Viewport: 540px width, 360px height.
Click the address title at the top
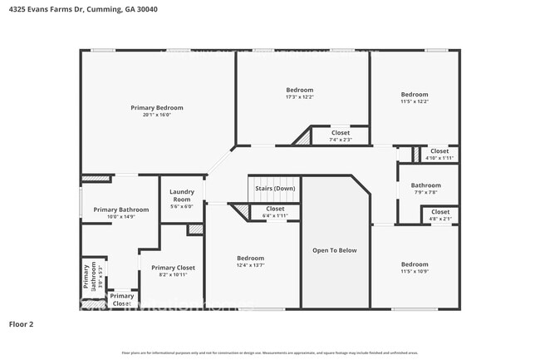[83, 9]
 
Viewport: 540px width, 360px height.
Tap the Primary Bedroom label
[157, 107]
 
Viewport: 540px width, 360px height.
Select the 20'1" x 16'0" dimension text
[157, 115]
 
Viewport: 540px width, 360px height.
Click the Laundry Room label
[182, 196]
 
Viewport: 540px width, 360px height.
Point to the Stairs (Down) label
[275, 188]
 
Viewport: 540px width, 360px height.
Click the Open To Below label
[335, 249]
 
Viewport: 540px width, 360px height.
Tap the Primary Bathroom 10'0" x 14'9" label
[121, 210]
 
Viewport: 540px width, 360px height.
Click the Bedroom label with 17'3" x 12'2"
[300, 90]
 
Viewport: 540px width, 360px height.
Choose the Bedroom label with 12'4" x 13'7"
[250, 258]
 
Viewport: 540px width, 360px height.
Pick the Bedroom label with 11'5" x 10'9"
[414, 264]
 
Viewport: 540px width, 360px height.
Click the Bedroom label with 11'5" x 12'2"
[414, 95]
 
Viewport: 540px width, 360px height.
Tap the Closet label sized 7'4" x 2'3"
[341, 132]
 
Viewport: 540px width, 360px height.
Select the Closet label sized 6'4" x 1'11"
[275, 209]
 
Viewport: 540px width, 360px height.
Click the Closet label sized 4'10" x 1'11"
[439, 150]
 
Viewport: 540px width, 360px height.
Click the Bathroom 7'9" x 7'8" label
[425, 185]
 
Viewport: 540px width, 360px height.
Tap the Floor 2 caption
[22, 324]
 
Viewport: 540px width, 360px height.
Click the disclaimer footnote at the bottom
[270, 353]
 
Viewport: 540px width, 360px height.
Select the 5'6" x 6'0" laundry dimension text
[182, 206]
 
